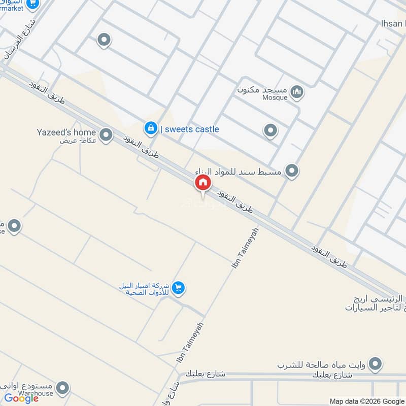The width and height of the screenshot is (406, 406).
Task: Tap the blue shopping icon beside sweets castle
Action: tap(150, 129)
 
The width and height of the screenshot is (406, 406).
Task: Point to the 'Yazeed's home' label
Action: tap(66, 132)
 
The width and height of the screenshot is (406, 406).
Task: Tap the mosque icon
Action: tap(298, 92)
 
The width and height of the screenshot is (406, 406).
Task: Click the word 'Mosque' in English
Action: tap(274, 97)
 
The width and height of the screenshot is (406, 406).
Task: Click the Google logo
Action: tap(21, 398)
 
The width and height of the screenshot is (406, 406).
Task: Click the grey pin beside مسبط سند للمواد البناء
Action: tap(291, 171)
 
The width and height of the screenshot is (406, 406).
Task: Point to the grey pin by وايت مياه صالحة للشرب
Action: tap(375, 363)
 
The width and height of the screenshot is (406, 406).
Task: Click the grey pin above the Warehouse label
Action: tap(62, 389)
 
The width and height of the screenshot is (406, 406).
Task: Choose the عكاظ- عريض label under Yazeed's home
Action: tap(71, 141)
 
